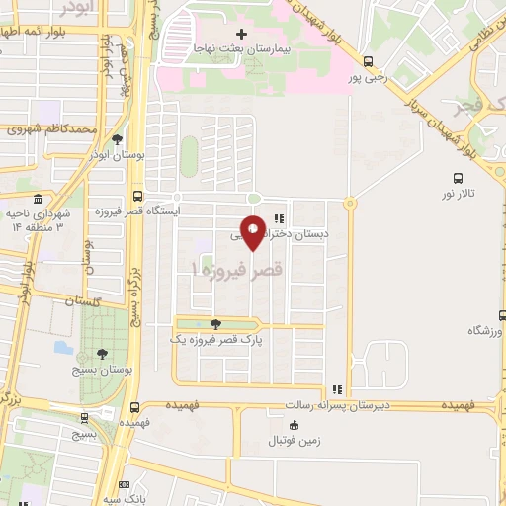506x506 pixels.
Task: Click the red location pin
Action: click(x=253, y=230)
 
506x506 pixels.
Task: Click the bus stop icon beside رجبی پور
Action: click(x=369, y=60)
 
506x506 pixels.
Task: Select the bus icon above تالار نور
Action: click(x=457, y=178)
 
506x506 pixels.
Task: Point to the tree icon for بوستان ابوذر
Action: click(x=118, y=139)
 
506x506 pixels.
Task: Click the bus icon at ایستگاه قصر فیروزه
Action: click(x=137, y=195)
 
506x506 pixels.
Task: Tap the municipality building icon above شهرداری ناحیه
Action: click(x=37, y=199)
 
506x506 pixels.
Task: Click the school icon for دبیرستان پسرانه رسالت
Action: click(x=336, y=389)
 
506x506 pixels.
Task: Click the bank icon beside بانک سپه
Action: click(x=124, y=485)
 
